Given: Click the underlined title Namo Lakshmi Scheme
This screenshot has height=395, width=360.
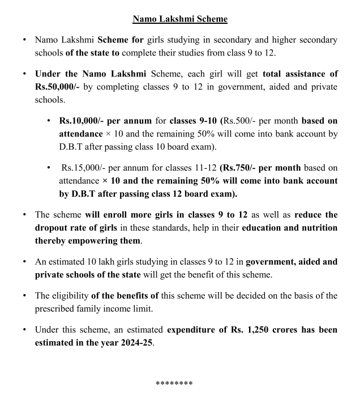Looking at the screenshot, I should (180, 19).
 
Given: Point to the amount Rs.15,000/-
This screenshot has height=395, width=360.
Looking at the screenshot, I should (85, 167).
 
